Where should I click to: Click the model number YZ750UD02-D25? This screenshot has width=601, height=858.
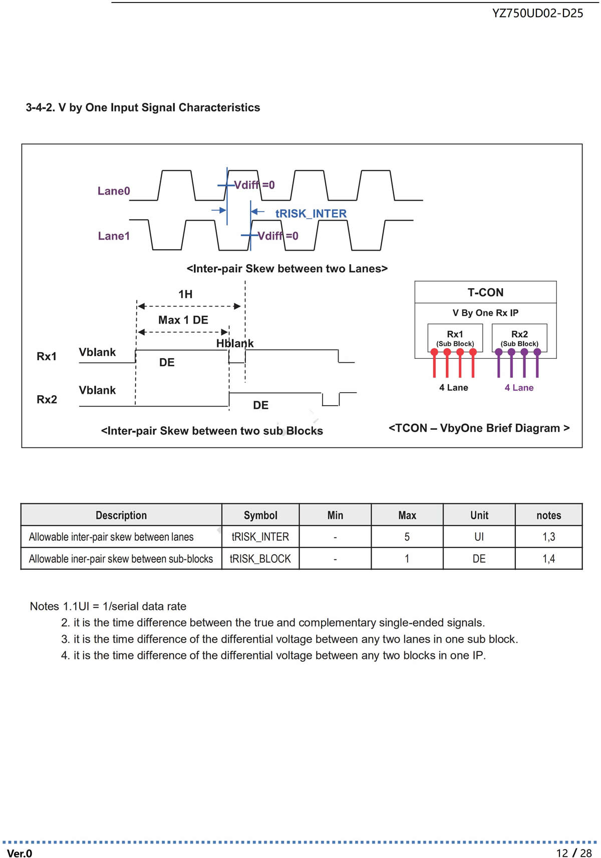coord(537,14)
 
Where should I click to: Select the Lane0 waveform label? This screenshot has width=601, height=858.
coord(114,191)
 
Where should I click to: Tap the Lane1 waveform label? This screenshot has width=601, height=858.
coord(114,236)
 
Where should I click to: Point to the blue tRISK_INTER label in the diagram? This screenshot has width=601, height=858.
coord(311,214)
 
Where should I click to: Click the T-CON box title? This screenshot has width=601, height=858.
coord(485,292)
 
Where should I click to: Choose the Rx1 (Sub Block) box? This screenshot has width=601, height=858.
coord(455,338)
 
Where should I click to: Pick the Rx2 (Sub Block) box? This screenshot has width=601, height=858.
coord(519,338)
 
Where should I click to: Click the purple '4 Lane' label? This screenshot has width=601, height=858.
coord(519,388)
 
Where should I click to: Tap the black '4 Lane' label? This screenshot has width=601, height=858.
coord(454,388)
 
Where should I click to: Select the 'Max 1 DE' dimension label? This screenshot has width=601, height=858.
coord(183,320)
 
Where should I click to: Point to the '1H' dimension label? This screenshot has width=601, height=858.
coord(185,294)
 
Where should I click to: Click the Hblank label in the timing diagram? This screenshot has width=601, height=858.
coord(235,343)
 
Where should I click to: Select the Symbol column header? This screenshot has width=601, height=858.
coord(260,515)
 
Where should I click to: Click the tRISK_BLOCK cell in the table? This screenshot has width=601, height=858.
coord(260,558)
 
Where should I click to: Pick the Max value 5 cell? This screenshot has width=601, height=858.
coord(407,537)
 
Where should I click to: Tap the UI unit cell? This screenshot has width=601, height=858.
coord(479,537)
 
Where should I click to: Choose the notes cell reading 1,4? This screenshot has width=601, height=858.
coord(549,558)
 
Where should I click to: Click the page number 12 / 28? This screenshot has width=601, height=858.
coord(574,853)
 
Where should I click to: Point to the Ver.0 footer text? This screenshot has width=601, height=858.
coord(20,853)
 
